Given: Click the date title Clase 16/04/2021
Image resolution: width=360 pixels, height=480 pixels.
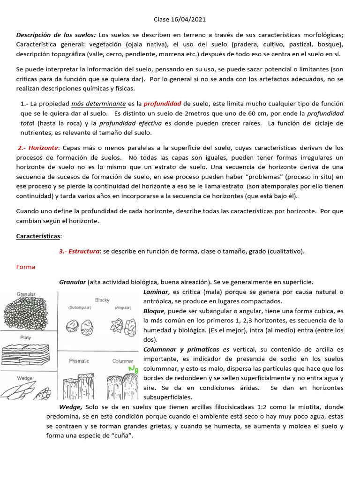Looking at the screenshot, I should (180, 20).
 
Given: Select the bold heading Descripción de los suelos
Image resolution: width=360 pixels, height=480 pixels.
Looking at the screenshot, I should (56, 35).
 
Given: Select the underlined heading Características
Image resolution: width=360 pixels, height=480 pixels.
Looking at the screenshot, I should (39, 237).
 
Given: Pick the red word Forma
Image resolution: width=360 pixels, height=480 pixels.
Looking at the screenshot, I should (25, 267).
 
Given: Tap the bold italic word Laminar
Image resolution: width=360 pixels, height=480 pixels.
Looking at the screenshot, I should (155, 292).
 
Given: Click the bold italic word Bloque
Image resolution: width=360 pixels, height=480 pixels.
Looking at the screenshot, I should (154, 311).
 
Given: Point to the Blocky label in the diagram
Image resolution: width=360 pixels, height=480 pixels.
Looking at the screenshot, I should (102, 300).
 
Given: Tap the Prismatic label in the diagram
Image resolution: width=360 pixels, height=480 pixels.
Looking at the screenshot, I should (79, 361).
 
